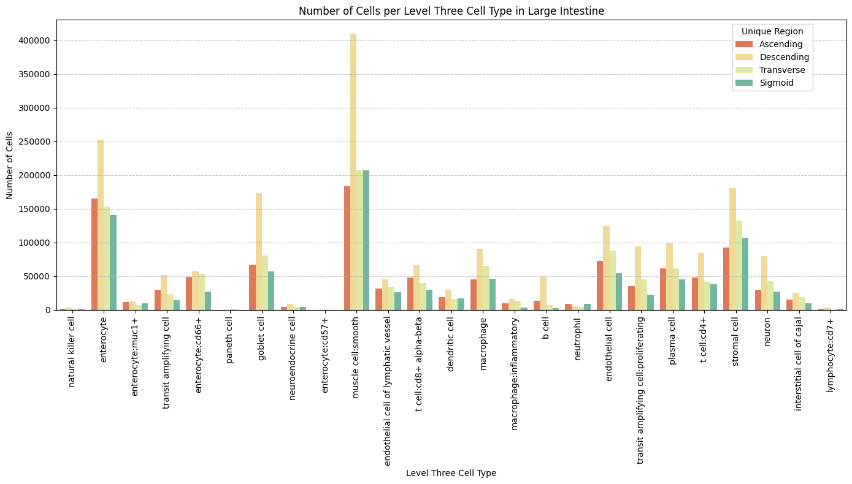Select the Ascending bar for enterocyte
94,254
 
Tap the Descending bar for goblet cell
259,252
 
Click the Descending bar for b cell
543,293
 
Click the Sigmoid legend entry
776,83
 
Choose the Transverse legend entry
781,70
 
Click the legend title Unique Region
772,31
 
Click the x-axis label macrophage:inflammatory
515,374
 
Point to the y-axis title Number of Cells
10,165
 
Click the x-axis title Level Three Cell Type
451,473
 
